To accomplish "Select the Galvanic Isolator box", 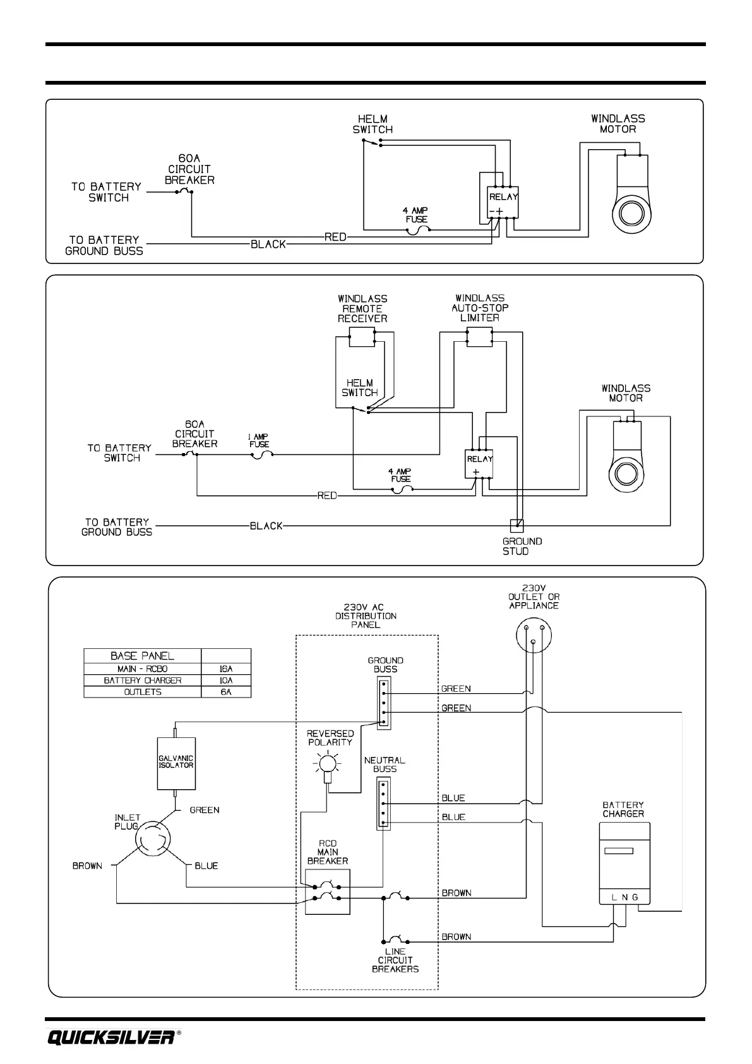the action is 176,763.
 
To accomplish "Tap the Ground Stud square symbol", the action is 516,526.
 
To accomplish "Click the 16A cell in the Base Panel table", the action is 226,669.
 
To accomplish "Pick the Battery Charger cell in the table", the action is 143,680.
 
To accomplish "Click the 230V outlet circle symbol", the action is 534,634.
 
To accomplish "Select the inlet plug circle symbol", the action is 152,839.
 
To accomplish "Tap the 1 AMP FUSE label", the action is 259,440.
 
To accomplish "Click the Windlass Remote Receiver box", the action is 362,337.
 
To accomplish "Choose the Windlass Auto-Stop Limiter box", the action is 479,337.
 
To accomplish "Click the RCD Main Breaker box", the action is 328,892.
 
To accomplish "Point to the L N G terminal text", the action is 624,897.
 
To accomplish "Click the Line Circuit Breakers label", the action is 395,960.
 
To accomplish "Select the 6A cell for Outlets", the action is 226,692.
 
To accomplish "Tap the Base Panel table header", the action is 143,656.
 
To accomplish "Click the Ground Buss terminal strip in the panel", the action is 384,703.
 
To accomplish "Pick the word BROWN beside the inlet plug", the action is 87,866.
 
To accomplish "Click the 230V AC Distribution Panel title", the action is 366,616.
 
